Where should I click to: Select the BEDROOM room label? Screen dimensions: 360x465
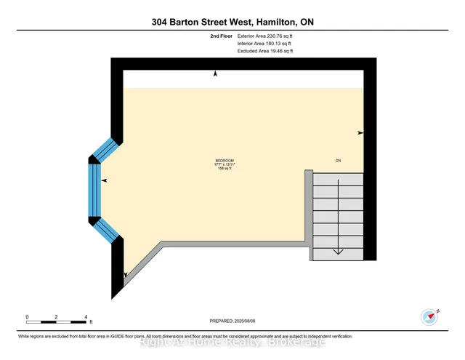225,160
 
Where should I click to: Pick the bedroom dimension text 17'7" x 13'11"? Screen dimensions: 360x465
225,164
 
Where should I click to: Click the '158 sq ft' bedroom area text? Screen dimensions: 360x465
225,169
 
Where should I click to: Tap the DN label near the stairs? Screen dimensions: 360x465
337,160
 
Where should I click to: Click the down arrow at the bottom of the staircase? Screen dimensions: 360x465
338,251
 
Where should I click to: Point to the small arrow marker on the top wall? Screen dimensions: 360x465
215,73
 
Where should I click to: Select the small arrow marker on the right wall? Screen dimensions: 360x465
360,133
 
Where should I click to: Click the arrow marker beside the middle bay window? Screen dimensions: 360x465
104,180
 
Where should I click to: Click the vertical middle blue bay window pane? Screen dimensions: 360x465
94,191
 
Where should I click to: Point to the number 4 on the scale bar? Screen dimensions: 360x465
86,317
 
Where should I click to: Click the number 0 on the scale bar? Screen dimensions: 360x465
27,317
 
